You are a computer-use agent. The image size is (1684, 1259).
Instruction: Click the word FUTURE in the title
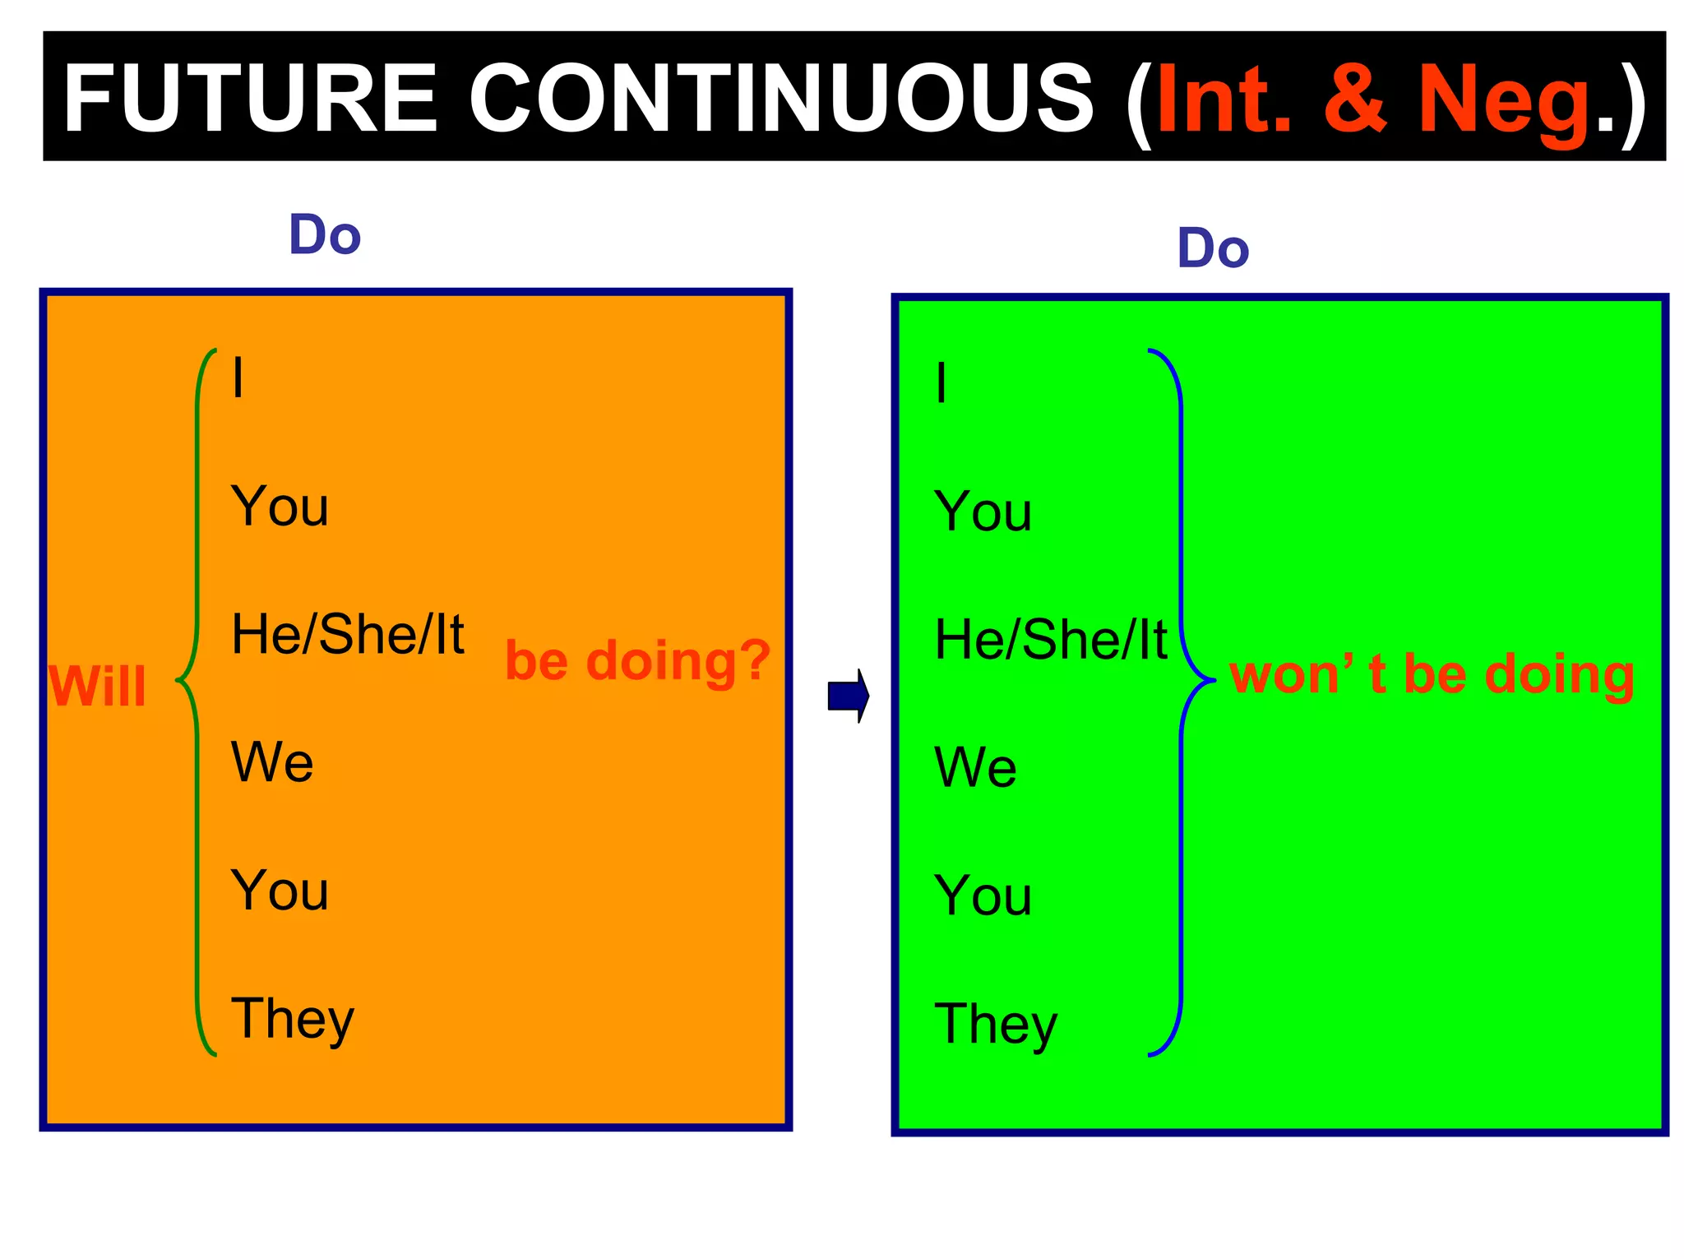pos(250,99)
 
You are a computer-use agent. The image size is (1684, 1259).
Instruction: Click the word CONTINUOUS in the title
pos(781,99)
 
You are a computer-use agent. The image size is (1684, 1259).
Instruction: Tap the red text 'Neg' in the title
pos(1505,100)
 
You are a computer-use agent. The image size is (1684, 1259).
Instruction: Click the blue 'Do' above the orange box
pos(325,235)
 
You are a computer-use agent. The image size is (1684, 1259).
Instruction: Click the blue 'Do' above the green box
pos(1213,248)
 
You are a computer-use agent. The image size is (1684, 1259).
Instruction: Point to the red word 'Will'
pos(97,686)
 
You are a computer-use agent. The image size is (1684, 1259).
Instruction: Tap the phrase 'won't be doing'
pos(1432,674)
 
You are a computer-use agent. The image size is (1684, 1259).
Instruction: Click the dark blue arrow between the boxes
pos(848,696)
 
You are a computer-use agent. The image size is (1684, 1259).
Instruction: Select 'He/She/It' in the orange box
pos(348,634)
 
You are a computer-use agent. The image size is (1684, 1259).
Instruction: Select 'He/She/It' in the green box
pos(1051,640)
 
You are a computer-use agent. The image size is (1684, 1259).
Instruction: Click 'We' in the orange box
pos(272,761)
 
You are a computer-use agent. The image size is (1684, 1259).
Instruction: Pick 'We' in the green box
pos(975,767)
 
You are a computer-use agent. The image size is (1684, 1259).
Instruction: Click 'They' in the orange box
pos(292,1020)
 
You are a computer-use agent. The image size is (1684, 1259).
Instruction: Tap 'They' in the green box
pos(996,1025)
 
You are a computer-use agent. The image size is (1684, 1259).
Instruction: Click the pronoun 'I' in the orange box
pos(238,377)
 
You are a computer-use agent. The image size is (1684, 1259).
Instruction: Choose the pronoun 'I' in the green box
pos(941,382)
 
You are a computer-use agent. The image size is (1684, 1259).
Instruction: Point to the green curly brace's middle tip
pos(178,681)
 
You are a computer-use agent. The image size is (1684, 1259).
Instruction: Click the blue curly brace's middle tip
pos(1212,680)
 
